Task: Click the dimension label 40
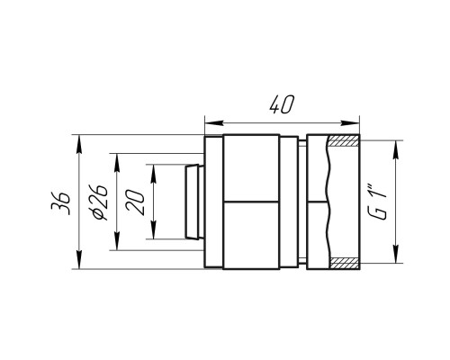[282, 104]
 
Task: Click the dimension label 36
[60, 202]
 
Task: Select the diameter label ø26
[98, 202]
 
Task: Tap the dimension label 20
[135, 202]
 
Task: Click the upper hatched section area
[343, 140]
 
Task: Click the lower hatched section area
[345, 263]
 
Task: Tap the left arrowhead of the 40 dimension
[214, 123]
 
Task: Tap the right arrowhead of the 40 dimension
[350, 123]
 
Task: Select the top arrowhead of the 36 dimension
[79, 144]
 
